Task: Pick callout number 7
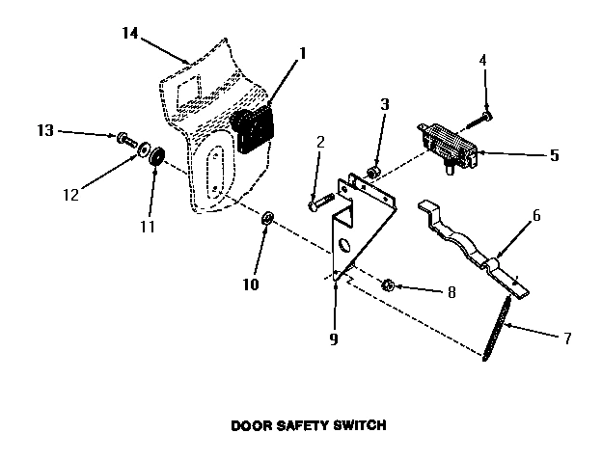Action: [x=567, y=338]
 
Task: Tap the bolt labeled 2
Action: [x=319, y=203]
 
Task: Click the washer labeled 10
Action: [x=267, y=226]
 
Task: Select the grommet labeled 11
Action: [x=154, y=154]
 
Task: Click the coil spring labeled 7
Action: [x=495, y=328]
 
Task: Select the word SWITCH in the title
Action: [x=362, y=423]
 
